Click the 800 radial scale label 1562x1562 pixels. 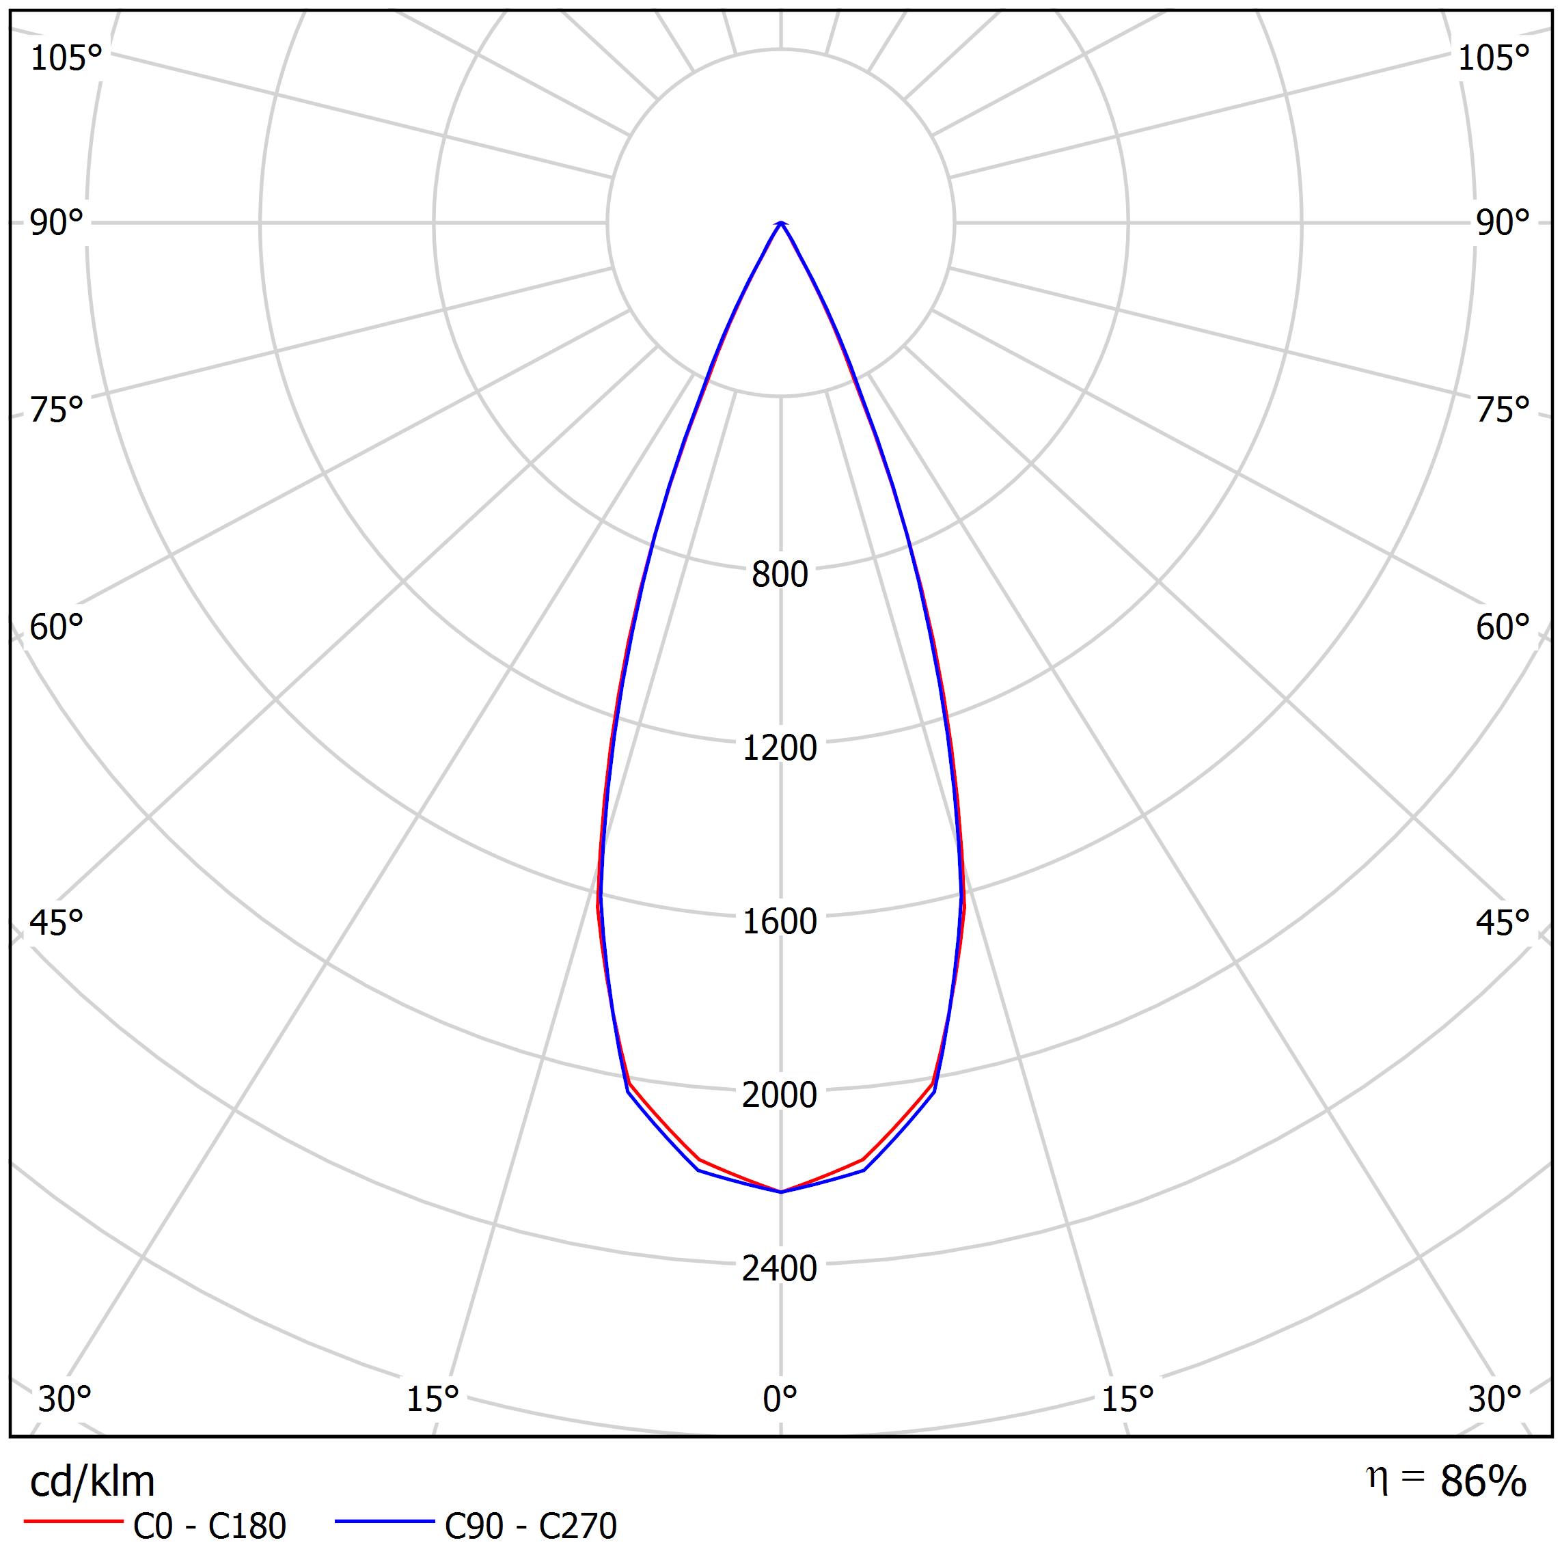[780, 575]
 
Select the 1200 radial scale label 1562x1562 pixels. [780, 748]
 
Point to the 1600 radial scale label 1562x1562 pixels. [780, 922]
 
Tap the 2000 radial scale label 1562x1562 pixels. [780, 1095]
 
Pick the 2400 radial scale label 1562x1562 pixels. [780, 1268]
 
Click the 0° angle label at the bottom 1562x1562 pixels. [780, 1399]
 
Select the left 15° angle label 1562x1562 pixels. [433, 1399]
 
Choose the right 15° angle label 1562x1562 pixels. [1127, 1399]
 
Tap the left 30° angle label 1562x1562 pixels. [65, 1399]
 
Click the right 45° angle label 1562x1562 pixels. [1502, 922]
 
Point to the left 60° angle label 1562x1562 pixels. [57, 627]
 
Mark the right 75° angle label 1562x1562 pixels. [1502, 411]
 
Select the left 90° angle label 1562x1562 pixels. [57, 223]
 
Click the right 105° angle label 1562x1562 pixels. [1493, 58]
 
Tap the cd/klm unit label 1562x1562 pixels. [92, 1482]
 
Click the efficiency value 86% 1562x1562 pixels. [1483, 1482]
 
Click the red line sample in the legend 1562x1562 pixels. [72, 1522]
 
